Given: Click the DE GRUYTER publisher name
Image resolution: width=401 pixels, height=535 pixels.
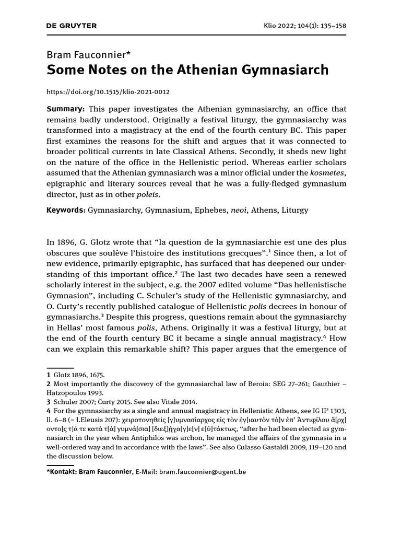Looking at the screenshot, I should [72, 26].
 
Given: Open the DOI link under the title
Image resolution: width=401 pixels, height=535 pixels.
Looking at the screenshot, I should [108, 92].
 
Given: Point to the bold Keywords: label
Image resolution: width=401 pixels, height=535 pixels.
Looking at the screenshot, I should [66, 210].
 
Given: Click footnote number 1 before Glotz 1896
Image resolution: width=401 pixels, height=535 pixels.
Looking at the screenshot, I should [49, 375].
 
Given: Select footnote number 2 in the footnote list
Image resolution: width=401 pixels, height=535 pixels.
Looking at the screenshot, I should [49, 384].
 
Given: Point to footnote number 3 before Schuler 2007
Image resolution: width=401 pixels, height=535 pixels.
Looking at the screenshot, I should [49, 402].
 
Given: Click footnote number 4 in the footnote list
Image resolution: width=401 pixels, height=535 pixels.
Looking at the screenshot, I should [49, 411].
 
